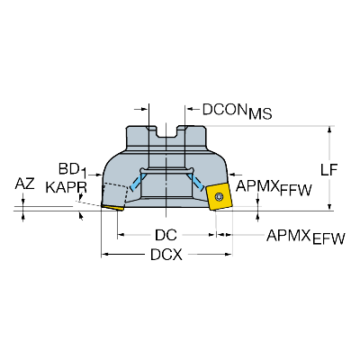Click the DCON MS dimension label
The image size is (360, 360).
pyautogui.click(x=238, y=112)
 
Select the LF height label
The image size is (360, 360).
pyautogui.click(x=329, y=170)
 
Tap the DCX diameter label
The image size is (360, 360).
pyautogui.click(x=166, y=255)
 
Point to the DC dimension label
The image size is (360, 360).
pyautogui.click(x=166, y=235)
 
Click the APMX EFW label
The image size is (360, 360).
pyautogui.click(x=306, y=238)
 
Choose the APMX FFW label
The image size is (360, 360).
pyautogui.click(x=274, y=188)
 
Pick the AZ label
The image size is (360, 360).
pyautogui.click(x=25, y=184)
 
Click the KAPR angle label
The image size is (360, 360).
pyautogui.click(x=67, y=188)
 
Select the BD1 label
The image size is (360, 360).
pyautogui.click(x=73, y=170)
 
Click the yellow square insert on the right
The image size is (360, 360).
pyautogui.click(x=220, y=196)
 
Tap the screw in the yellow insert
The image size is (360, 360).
pyautogui.click(x=219, y=197)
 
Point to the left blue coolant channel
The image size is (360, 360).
pyautogui.click(x=136, y=182)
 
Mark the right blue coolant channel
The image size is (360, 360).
pyautogui.click(x=197, y=182)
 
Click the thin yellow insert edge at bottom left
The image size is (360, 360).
pyautogui.click(x=112, y=208)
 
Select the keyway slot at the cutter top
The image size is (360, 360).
pyautogui.click(x=166, y=132)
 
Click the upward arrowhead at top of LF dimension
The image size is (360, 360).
pyautogui.click(x=329, y=130)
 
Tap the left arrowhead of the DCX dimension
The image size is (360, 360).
pyautogui.click(x=104, y=255)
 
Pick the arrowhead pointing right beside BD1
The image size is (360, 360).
pyautogui.click(x=100, y=174)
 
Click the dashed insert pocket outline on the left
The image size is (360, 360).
pyautogui.click(x=116, y=194)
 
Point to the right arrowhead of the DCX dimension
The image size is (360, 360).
pyautogui.click(x=229, y=255)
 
